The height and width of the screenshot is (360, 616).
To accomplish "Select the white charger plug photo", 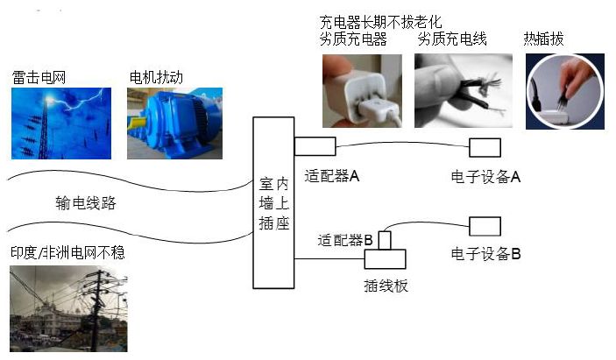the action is click(x=362, y=90).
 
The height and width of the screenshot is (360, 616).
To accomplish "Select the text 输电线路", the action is click(x=85, y=204).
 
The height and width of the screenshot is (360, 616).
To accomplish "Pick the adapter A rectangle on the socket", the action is click(x=315, y=145).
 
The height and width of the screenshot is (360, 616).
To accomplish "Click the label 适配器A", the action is click(x=332, y=176).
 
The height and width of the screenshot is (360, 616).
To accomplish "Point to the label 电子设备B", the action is click(x=486, y=254).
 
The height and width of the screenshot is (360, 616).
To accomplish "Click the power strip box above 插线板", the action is click(x=386, y=258).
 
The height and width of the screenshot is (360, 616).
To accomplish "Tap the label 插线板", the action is click(x=386, y=286).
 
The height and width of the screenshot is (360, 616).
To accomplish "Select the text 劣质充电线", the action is click(x=452, y=39).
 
